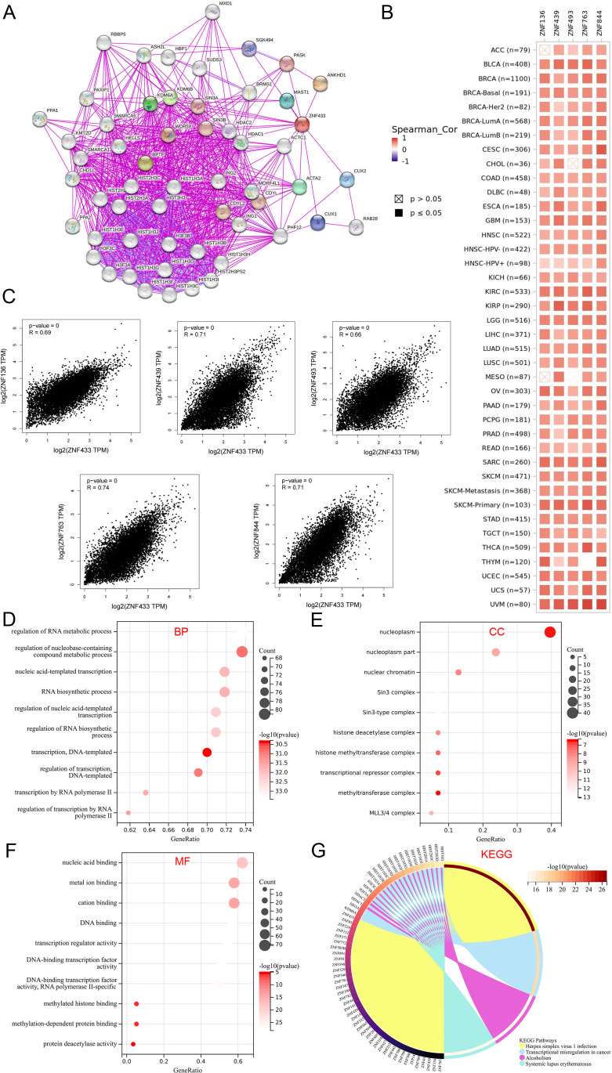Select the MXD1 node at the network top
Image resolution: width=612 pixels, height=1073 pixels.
coord(212,12)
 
